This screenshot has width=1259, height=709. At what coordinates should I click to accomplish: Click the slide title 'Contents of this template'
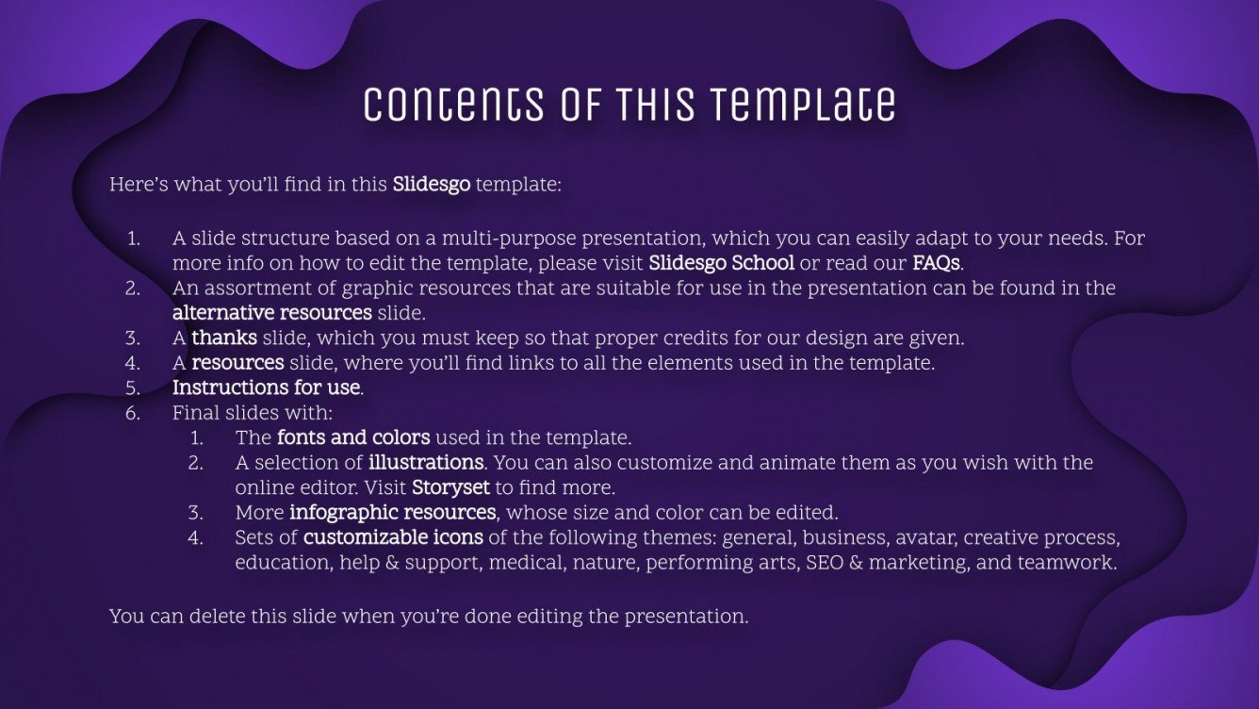click(629, 105)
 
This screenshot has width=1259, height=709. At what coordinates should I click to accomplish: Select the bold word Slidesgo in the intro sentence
click(431, 184)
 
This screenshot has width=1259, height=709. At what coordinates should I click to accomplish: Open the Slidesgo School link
click(721, 262)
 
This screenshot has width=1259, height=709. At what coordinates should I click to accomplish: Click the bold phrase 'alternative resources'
click(271, 312)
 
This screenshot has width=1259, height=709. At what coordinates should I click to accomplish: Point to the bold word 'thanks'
click(224, 337)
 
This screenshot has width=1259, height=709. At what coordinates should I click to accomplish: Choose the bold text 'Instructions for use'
click(266, 387)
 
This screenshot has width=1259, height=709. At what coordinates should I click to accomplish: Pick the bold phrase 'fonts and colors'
click(353, 437)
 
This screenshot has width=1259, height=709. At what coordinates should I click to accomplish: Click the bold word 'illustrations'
click(426, 463)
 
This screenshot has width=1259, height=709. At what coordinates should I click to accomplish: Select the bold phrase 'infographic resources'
click(392, 512)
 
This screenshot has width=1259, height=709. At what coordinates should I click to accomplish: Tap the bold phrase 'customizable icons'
click(393, 537)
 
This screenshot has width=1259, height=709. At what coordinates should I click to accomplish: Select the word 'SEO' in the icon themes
click(825, 563)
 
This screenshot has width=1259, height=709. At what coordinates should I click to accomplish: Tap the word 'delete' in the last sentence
click(208, 617)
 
